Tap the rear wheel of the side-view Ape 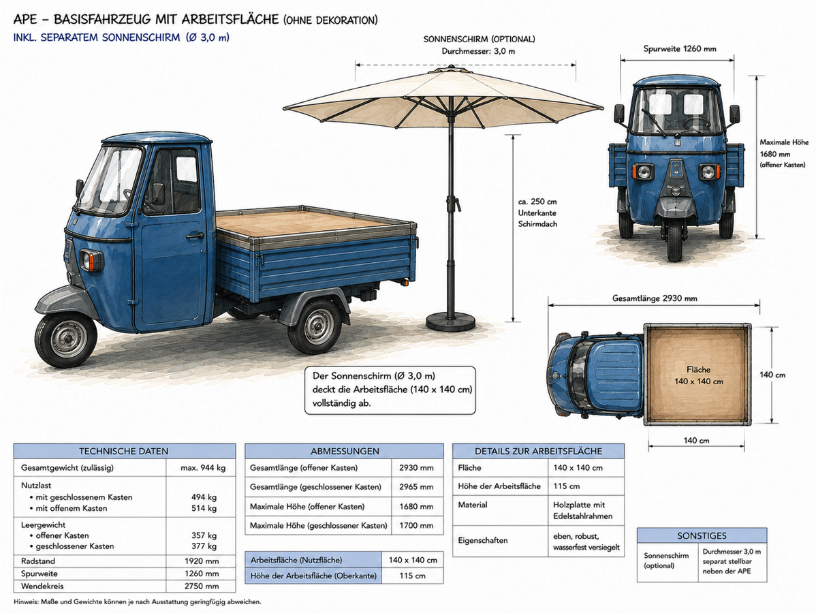315,326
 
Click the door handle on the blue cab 195,236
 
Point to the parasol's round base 451,321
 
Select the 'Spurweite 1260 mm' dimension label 680,49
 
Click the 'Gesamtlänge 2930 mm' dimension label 655,299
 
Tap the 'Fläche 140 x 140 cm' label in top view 698,375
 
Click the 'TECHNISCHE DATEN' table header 124,451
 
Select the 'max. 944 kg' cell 203,468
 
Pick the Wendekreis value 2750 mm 202,586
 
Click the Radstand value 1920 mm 202,561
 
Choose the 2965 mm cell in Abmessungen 416,487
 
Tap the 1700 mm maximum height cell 416,526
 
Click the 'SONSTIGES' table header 702,535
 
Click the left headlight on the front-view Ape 642,171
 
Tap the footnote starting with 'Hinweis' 138,602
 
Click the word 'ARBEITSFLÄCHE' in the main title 230,20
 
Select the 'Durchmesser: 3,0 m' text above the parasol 478,51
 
